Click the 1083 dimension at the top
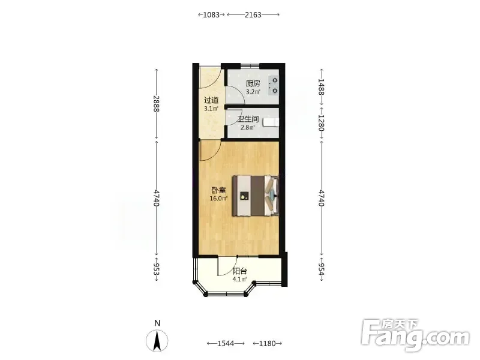[x=211, y=14]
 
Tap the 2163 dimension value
[x=253, y=14]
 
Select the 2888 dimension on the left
[x=157, y=104]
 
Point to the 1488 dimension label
[x=321, y=87]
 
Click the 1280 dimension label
[x=321, y=123]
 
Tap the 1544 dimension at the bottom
[x=226, y=343]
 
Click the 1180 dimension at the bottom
[x=267, y=343]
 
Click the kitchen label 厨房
[x=253, y=83]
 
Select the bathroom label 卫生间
[x=248, y=119]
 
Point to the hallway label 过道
[x=211, y=100]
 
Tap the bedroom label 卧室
[x=218, y=190]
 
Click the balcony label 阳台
[x=239, y=271]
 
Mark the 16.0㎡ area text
[x=218, y=199]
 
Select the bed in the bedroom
[x=256, y=196]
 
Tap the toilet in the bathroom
[x=271, y=122]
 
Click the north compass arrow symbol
[x=157, y=341]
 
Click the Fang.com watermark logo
[x=415, y=335]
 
